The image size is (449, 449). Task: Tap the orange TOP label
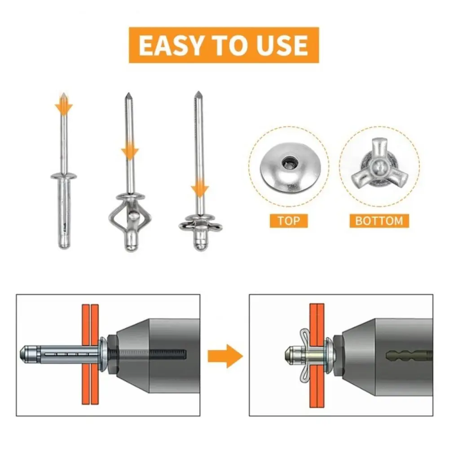point(288,220)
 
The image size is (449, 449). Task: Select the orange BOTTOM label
point(379,220)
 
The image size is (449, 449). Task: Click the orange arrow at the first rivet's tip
point(64,106)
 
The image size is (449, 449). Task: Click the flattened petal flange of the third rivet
point(198,224)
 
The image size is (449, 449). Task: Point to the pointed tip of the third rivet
point(197,95)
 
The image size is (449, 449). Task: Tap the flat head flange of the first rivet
point(64,175)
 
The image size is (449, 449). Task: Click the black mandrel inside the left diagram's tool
point(148,354)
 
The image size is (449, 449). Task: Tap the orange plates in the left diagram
point(90,355)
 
